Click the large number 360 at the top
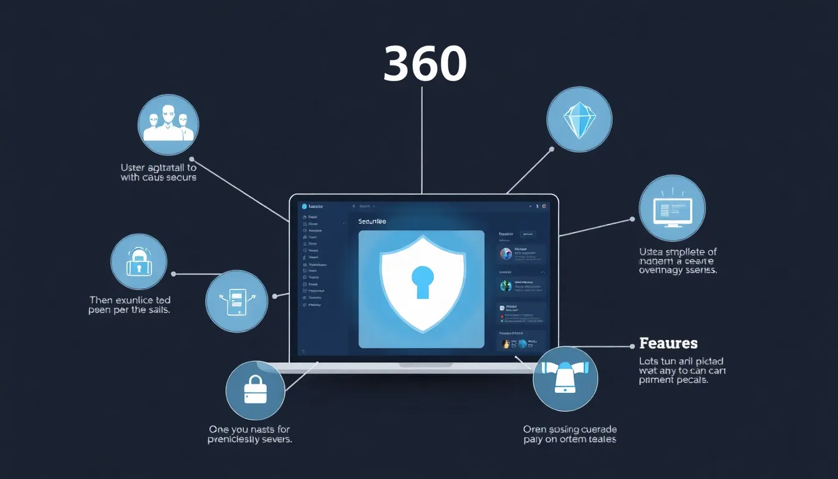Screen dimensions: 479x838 click(425, 64)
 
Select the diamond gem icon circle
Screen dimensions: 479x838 click(579, 119)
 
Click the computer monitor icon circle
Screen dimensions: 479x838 click(672, 208)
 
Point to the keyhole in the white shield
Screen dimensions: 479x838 click(423, 279)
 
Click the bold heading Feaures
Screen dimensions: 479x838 click(668, 343)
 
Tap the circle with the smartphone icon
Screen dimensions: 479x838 click(236, 301)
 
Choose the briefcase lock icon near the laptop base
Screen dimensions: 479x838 click(255, 389)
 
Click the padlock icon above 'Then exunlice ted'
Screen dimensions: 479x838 click(138, 262)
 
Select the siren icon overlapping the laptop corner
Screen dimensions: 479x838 click(566, 379)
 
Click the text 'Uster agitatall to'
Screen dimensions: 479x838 click(158, 167)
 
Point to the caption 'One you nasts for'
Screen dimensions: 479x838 click(249, 429)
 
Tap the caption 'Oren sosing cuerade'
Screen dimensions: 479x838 click(570, 429)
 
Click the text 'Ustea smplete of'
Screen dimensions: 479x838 click(678, 251)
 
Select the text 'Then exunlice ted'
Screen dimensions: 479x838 click(130, 300)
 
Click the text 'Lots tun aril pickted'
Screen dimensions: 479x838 click(681, 361)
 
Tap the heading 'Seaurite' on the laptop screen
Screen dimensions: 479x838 click(372, 221)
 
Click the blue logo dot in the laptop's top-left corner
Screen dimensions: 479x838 click(305, 206)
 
